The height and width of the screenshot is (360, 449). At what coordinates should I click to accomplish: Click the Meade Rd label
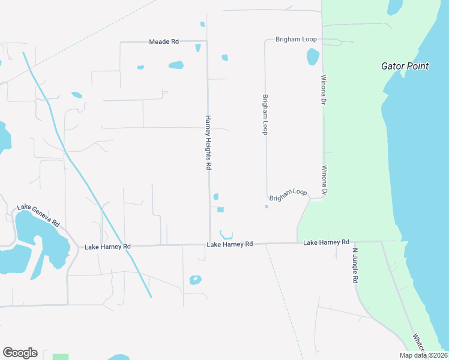point(164,42)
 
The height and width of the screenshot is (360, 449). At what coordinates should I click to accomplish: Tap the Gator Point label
point(405,66)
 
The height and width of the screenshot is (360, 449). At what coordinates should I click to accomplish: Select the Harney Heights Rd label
point(208,143)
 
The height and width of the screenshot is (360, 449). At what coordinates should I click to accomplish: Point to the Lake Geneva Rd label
point(38,215)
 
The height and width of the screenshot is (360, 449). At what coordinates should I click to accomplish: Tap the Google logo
point(20,353)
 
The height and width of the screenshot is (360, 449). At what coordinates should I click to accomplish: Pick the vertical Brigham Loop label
point(264,114)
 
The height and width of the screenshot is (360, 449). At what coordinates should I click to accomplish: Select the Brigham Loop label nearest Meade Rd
point(296,39)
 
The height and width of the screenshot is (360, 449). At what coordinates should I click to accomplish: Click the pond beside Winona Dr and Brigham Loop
point(313,56)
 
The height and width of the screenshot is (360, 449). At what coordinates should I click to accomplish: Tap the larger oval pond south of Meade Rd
point(176,65)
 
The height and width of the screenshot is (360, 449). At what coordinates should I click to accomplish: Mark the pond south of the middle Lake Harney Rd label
point(195,280)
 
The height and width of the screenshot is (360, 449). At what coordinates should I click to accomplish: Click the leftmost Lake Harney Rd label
point(107,247)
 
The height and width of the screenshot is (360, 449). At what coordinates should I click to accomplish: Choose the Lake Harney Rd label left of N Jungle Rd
point(326,242)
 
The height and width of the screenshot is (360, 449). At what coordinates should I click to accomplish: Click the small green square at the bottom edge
point(60,357)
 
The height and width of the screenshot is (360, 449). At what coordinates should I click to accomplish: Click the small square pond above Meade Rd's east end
point(202,25)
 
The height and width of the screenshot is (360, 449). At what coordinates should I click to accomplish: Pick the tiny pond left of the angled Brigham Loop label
point(267,207)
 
